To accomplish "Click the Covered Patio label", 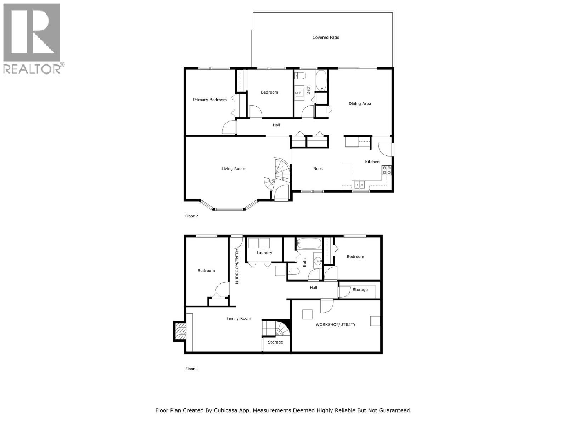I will click(x=326, y=37).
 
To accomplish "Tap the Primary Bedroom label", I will click(x=210, y=100).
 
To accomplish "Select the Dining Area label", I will click(x=360, y=104).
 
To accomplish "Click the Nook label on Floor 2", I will click(x=318, y=169).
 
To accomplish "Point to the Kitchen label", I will click(x=372, y=161).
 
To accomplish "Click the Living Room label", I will click(x=233, y=169).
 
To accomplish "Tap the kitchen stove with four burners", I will click(x=386, y=170).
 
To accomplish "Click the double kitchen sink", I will click(x=360, y=185).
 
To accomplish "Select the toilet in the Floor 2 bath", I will click(x=301, y=75).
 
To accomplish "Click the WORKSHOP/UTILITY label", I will click(x=335, y=325).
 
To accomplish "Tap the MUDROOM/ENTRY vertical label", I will click(x=237, y=267).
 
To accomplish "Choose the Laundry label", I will click(x=264, y=253).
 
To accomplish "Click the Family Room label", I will click(x=238, y=318).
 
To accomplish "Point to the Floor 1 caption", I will click(x=192, y=369).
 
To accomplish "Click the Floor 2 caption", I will click(x=192, y=216).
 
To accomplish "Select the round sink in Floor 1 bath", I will click(x=318, y=261).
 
